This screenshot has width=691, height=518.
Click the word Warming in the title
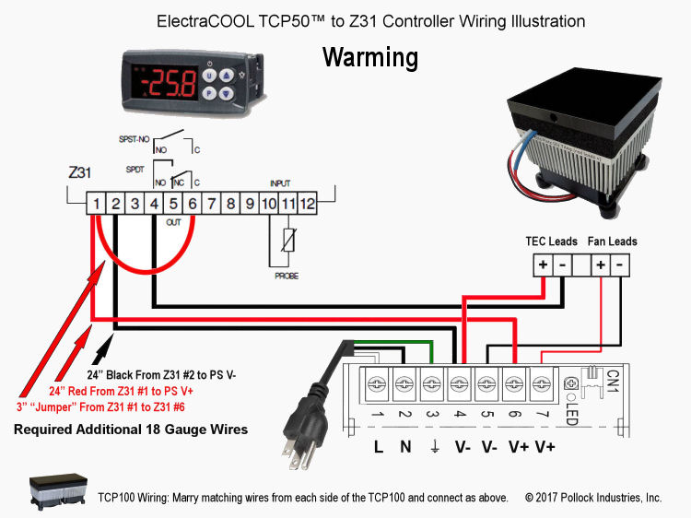coord(369,58)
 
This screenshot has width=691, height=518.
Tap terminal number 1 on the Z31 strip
coord(96,203)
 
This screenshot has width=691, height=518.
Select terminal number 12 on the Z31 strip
coord(308,203)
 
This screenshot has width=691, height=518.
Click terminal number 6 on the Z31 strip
coord(193,203)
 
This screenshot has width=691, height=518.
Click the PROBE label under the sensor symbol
coord(286,276)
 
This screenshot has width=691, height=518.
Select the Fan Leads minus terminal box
coord(621,265)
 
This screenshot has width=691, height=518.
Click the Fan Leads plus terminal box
coord(601,265)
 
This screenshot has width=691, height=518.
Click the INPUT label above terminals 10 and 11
coord(279,183)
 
